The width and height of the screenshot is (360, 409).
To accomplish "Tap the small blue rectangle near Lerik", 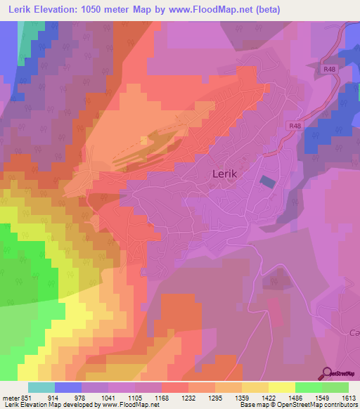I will (269, 181).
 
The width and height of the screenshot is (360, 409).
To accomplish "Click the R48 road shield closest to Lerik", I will (296, 125).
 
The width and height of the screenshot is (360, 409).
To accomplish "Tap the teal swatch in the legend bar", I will (41, 387).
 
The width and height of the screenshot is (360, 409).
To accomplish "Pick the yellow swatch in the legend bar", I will (281, 387).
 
